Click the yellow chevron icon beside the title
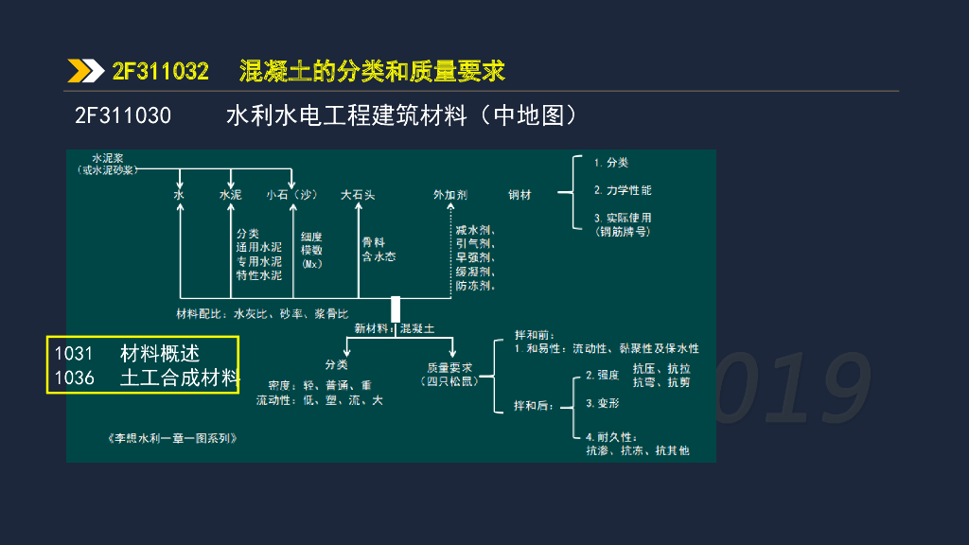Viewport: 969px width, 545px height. click(x=85, y=71)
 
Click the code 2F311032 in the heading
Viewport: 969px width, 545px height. click(x=160, y=71)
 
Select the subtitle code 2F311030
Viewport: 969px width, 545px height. click(x=123, y=116)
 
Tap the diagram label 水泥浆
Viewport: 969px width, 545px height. click(x=108, y=158)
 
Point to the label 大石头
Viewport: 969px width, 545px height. click(x=358, y=195)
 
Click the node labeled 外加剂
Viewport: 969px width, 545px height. click(x=450, y=195)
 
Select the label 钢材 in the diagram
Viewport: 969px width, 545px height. click(x=520, y=195)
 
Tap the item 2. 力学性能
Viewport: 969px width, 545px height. click(x=623, y=190)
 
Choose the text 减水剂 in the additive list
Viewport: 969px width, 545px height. click(x=474, y=230)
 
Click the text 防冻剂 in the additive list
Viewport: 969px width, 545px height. click(x=474, y=285)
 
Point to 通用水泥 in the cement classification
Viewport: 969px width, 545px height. click(x=259, y=247)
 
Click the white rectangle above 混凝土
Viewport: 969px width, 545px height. click(x=396, y=308)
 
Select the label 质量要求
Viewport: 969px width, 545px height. click(x=449, y=366)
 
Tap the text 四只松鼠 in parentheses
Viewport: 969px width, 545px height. click(x=449, y=380)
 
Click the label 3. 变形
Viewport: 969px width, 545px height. click(x=603, y=403)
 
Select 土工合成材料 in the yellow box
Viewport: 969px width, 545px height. click(x=179, y=378)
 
